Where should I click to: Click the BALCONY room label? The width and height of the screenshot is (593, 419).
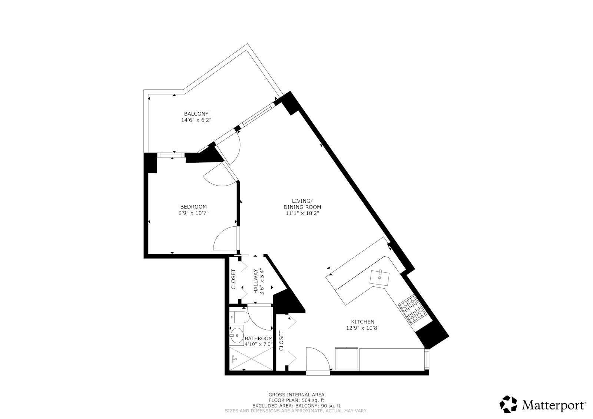click(x=196, y=114)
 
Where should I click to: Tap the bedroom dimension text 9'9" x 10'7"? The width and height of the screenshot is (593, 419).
click(x=193, y=213)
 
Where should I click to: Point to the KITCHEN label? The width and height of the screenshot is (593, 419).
click(x=362, y=322)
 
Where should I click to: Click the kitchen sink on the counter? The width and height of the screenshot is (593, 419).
click(x=380, y=277)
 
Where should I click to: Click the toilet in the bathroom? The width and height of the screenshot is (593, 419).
click(x=236, y=317)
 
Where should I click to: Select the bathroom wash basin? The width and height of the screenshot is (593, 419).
click(x=236, y=336)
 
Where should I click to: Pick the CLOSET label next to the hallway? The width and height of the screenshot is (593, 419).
click(x=233, y=279)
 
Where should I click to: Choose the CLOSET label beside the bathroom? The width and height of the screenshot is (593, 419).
click(x=281, y=341)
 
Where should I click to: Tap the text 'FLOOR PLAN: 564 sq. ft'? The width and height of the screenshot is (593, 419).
click(x=296, y=400)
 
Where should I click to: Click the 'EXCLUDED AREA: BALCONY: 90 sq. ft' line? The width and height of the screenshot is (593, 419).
click(x=296, y=406)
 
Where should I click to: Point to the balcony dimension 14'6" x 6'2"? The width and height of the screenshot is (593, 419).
click(x=196, y=120)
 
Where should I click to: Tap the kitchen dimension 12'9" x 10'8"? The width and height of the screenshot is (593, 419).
click(x=362, y=328)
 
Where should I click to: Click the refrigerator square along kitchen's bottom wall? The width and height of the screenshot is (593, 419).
click(x=347, y=359)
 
